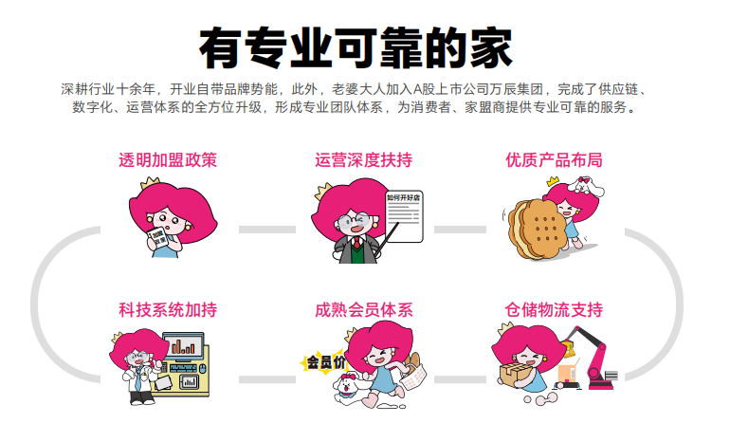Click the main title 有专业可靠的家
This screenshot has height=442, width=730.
pos(356,48)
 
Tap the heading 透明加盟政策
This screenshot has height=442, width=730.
pos(168,159)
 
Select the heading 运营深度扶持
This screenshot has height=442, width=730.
pos(363,159)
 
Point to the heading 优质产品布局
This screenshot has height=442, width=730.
pos(554,159)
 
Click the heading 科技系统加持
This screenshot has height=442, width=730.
pos(168,310)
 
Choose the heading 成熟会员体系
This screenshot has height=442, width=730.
pos(364,310)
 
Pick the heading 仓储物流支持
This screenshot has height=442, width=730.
pos(554,310)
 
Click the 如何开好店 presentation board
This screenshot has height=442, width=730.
pos(404,216)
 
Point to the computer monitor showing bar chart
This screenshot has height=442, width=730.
pos(183,345)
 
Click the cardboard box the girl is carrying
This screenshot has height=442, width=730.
pos(516,375)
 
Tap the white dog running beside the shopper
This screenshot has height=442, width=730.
pos(347,389)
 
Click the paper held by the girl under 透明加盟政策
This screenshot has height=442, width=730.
pos(158,239)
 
